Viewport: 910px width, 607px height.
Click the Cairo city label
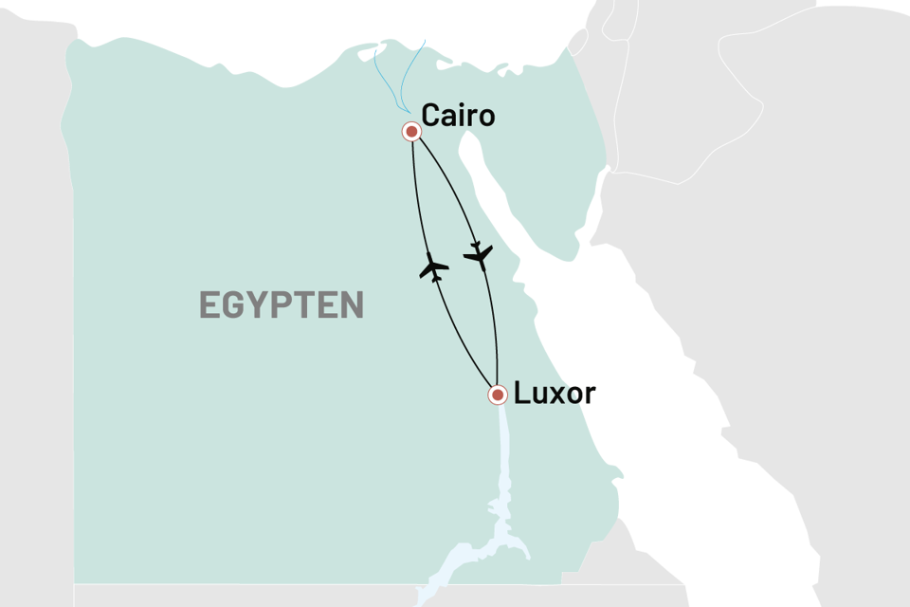coord(458,116)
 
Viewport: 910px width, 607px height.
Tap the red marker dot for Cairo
coord(411,131)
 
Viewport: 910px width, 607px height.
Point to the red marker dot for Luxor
coord(496,395)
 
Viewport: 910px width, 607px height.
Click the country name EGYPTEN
coord(282,305)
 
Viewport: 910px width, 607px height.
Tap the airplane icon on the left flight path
coord(433,268)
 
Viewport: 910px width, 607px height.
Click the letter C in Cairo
coord(430,116)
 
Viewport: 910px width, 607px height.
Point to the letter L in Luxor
coord(520,394)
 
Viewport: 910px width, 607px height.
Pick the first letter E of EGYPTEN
coord(209,305)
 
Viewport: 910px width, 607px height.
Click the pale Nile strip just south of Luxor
coord(500,446)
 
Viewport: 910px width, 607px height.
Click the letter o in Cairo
coord(485,118)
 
